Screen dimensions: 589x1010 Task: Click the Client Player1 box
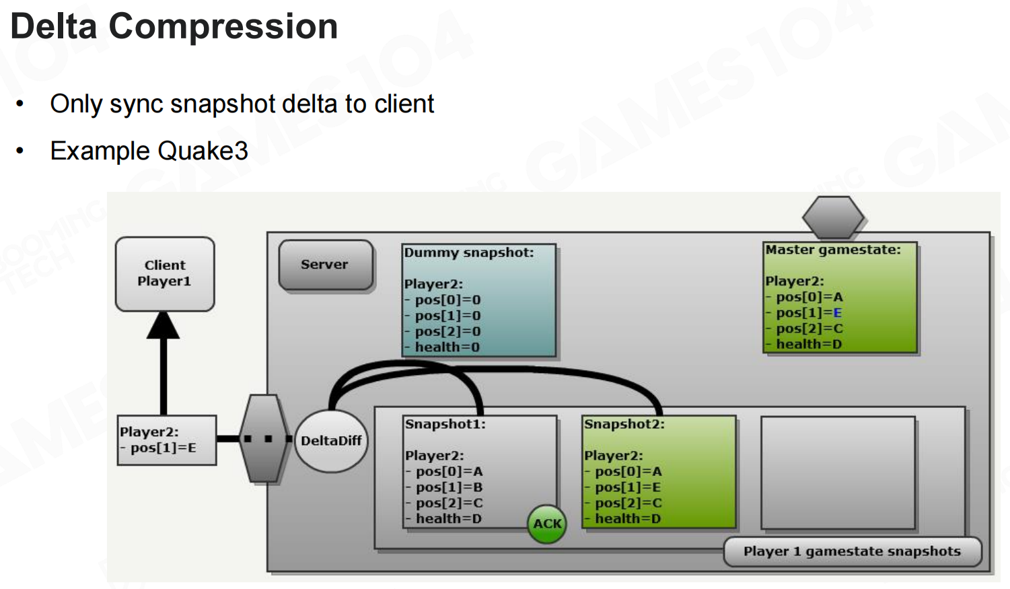coord(165,273)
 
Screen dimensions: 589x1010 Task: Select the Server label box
coord(325,265)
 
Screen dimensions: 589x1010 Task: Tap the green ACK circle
coord(547,524)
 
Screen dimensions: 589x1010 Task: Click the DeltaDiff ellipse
coord(331,441)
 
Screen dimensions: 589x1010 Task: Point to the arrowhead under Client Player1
coord(164,325)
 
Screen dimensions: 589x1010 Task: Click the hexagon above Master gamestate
coord(833,217)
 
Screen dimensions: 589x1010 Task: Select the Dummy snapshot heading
coord(468,252)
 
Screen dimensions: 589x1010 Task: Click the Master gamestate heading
coord(832,250)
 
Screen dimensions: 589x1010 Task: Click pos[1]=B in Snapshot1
coord(449,487)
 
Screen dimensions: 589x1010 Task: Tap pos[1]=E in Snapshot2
coord(628,487)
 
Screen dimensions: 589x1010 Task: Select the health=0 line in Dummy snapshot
coord(447,347)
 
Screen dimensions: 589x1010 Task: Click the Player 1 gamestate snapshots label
coord(852,551)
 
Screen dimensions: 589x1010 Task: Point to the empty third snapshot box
coord(838,473)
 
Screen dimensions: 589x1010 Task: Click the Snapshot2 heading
coord(624,424)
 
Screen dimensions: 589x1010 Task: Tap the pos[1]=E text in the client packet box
coord(163,448)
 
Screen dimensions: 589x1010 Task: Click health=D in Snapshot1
coord(448,519)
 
